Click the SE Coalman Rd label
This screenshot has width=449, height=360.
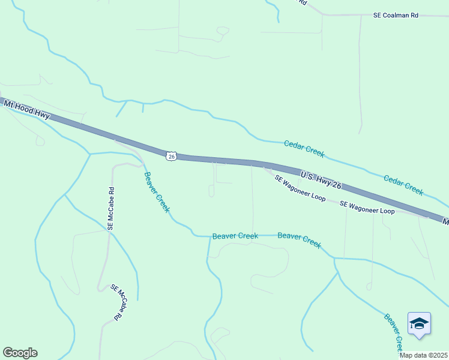[x=395, y=16]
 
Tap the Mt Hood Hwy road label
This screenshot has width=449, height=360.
[x=26, y=110]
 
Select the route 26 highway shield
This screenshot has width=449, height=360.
[x=172, y=156]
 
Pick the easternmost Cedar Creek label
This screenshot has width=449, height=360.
[x=403, y=185]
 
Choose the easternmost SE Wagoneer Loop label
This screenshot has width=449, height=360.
[x=367, y=208]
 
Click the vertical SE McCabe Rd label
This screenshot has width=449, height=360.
[x=111, y=209]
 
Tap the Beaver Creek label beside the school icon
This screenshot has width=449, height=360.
[x=394, y=333]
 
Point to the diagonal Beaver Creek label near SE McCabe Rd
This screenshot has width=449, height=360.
[x=157, y=193]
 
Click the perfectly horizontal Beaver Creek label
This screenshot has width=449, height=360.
[x=235, y=236]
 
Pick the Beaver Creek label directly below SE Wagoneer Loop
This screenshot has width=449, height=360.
[x=300, y=240]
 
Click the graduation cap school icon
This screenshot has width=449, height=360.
[x=419, y=324]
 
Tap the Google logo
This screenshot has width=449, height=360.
[x=20, y=353]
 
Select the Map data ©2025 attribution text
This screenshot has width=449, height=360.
[x=423, y=355]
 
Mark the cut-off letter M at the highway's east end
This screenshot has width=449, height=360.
[x=445, y=221]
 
